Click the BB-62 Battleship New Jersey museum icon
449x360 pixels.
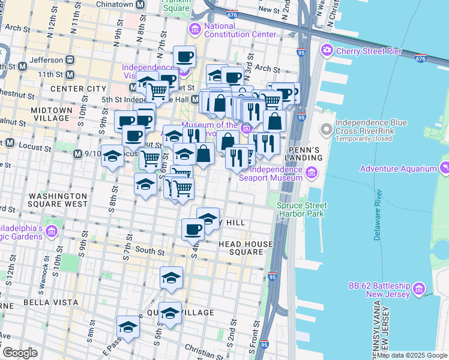point(420,290)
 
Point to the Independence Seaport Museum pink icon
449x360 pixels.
point(311,174)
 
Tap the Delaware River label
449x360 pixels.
point(378,215)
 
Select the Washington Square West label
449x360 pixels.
point(58,200)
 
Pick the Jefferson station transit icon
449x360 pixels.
point(70,60)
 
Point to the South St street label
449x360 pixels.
point(150,251)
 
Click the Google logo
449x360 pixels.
point(20,353)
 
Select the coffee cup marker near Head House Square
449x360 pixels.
point(193,229)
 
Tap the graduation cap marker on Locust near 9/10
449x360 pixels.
point(112,157)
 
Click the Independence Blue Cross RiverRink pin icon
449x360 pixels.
point(326,128)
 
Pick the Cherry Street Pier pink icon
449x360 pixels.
point(327,50)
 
